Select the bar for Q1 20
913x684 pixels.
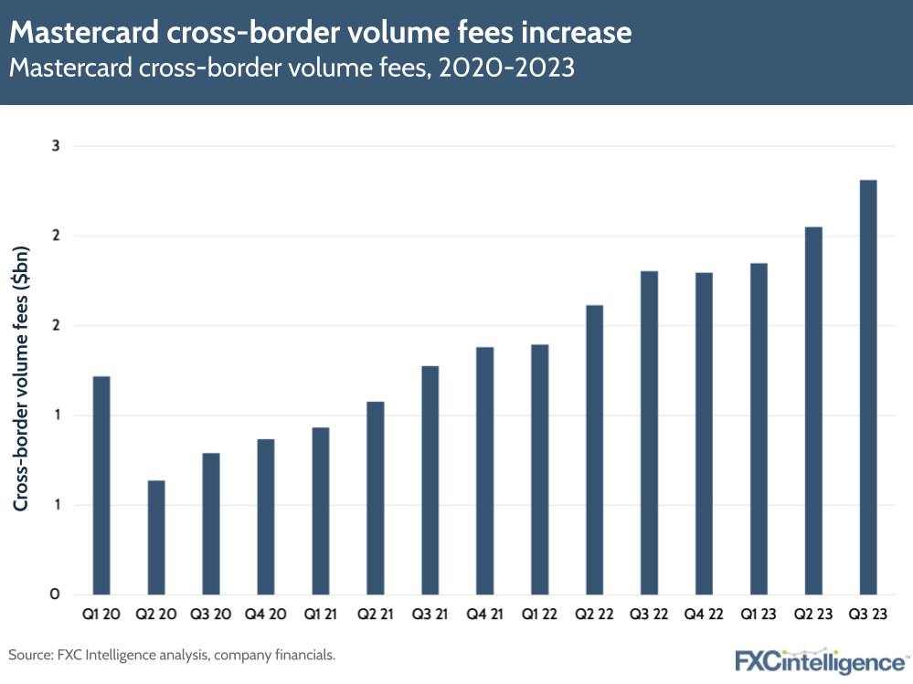point(101,485)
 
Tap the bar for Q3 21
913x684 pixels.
point(430,479)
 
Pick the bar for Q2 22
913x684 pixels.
point(594,449)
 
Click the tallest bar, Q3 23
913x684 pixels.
point(868,387)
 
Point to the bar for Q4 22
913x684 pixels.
point(704,433)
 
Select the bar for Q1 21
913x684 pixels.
point(320,510)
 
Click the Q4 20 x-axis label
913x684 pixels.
point(266,616)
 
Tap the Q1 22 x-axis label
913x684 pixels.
point(539,616)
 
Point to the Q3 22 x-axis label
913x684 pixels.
point(649,616)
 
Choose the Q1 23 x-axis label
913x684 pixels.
point(759,616)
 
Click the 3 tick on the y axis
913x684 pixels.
point(54,146)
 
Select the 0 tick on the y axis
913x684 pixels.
point(54,595)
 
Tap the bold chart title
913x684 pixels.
point(320,33)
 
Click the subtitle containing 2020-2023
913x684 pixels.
point(292,68)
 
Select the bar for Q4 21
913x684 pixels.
point(484,470)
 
